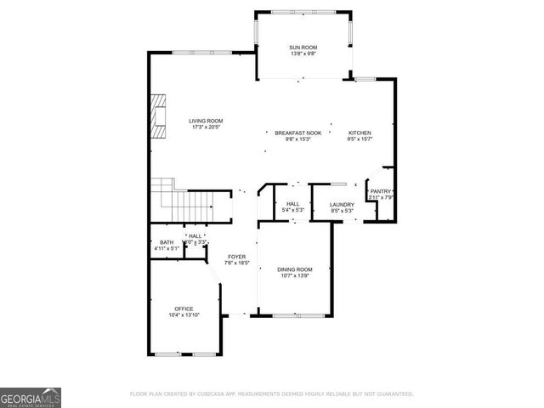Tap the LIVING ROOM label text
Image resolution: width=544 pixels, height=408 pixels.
tap(205, 121)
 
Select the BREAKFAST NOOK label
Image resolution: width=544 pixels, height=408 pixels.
tap(297, 133)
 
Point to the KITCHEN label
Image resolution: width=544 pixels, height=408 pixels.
tap(360, 133)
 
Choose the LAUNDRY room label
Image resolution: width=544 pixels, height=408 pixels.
tap(342, 204)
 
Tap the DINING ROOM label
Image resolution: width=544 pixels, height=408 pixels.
tap(294, 269)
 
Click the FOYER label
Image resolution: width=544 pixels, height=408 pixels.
tap(235, 257)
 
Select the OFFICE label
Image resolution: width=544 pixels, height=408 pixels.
tap(184, 309)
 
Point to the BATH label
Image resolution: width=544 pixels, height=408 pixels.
tap(166, 242)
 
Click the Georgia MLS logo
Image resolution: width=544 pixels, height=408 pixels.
tap(31, 397)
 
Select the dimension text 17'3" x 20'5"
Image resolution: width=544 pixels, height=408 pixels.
tap(205, 127)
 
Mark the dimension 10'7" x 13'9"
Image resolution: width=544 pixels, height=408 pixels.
tap(294, 276)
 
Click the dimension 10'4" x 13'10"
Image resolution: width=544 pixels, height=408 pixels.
tap(184, 315)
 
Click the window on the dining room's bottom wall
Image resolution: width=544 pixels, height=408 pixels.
tap(298, 315)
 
